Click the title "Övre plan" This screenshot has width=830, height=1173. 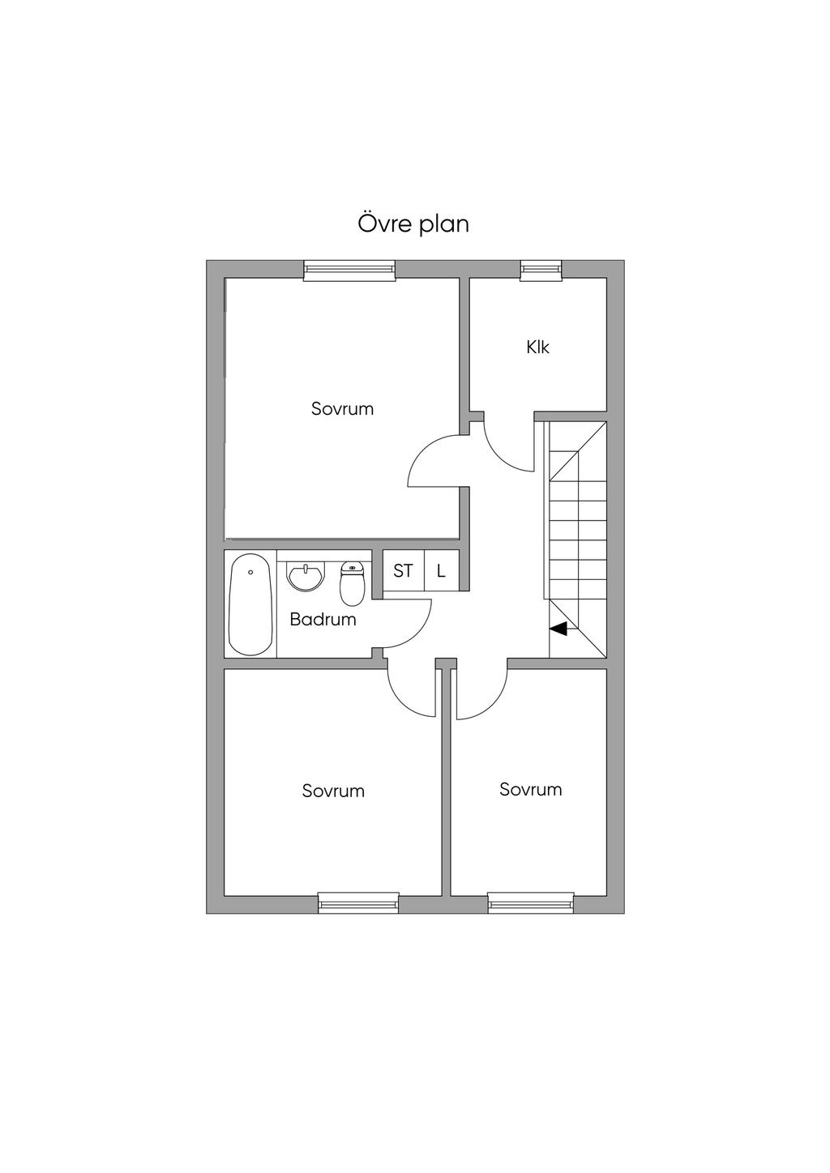click(x=413, y=224)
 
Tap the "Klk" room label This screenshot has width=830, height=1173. click(x=537, y=348)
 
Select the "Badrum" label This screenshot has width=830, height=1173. click(x=323, y=620)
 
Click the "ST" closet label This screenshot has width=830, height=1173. click(x=402, y=571)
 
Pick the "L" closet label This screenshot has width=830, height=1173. click(x=441, y=571)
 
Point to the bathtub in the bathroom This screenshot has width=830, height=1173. click(x=251, y=604)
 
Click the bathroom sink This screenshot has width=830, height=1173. click(x=306, y=577)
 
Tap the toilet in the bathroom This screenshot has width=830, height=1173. click(x=352, y=583)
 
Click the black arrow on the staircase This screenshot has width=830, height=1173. click(x=558, y=629)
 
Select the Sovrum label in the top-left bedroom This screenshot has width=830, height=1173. click(x=342, y=409)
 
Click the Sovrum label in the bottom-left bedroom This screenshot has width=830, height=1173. click(x=333, y=791)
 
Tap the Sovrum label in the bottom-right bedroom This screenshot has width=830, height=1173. click(x=530, y=789)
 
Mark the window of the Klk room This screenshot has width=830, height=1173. click(x=541, y=269)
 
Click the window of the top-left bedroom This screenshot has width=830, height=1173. click(x=349, y=269)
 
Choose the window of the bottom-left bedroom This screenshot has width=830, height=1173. click(x=358, y=904)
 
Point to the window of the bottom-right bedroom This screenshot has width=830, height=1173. click(x=530, y=904)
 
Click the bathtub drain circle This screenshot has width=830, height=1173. click(x=251, y=573)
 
